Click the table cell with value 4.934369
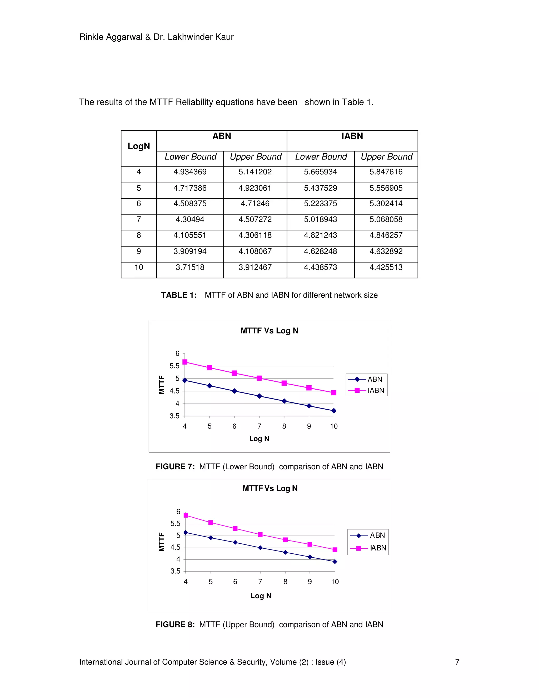pyautogui.click(x=190, y=172)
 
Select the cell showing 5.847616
pyautogui.click(x=386, y=172)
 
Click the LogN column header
pyautogui.click(x=139, y=146)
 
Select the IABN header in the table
pyautogui.click(x=352, y=136)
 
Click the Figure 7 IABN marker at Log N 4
pyautogui.click(x=185, y=362)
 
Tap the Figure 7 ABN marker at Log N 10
pyautogui.click(x=334, y=411)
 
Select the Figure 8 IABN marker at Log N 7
pyautogui.click(x=260, y=535)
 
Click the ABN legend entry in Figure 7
pyautogui.click(x=367, y=379)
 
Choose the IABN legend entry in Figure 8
pyautogui.click(x=368, y=548)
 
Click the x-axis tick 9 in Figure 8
pyautogui.click(x=310, y=582)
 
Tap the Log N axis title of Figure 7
pyautogui.click(x=259, y=439)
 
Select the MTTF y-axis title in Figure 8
pyautogui.click(x=162, y=542)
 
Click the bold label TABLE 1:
pyautogui.click(x=179, y=295)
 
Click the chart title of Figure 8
pyautogui.click(x=270, y=488)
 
